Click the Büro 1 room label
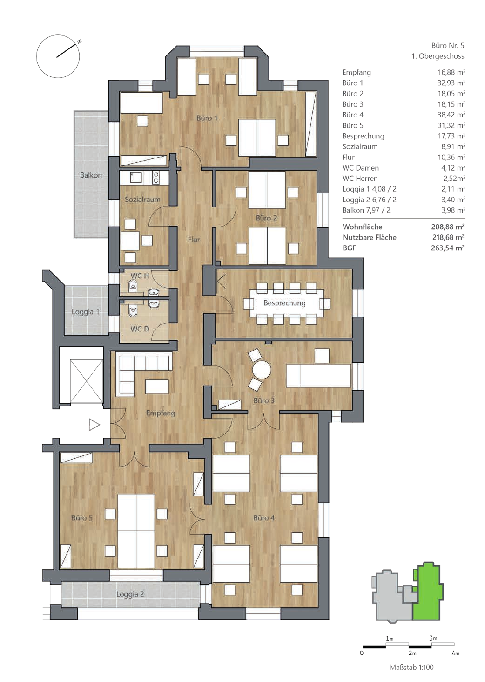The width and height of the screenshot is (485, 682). click(x=207, y=118)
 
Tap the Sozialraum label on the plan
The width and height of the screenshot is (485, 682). click(x=142, y=200)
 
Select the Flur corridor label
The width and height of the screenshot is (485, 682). click(x=194, y=240)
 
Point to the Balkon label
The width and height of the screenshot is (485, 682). click(x=91, y=175)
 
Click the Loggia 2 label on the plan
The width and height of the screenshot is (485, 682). click(x=130, y=594)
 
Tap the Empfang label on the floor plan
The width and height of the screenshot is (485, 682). click(x=161, y=413)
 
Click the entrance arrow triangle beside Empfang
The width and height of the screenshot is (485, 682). click(x=94, y=425)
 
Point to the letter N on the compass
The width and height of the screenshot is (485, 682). click(x=79, y=42)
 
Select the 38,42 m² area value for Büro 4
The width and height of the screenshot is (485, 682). click(x=451, y=115)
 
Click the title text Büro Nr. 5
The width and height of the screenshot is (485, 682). click(x=448, y=46)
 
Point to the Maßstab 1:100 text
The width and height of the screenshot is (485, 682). click(x=412, y=668)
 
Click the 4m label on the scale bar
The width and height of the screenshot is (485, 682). click(x=455, y=653)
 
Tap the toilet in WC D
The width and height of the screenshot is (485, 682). click(x=133, y=312)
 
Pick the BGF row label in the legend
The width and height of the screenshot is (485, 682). click(x=349, y=248)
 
